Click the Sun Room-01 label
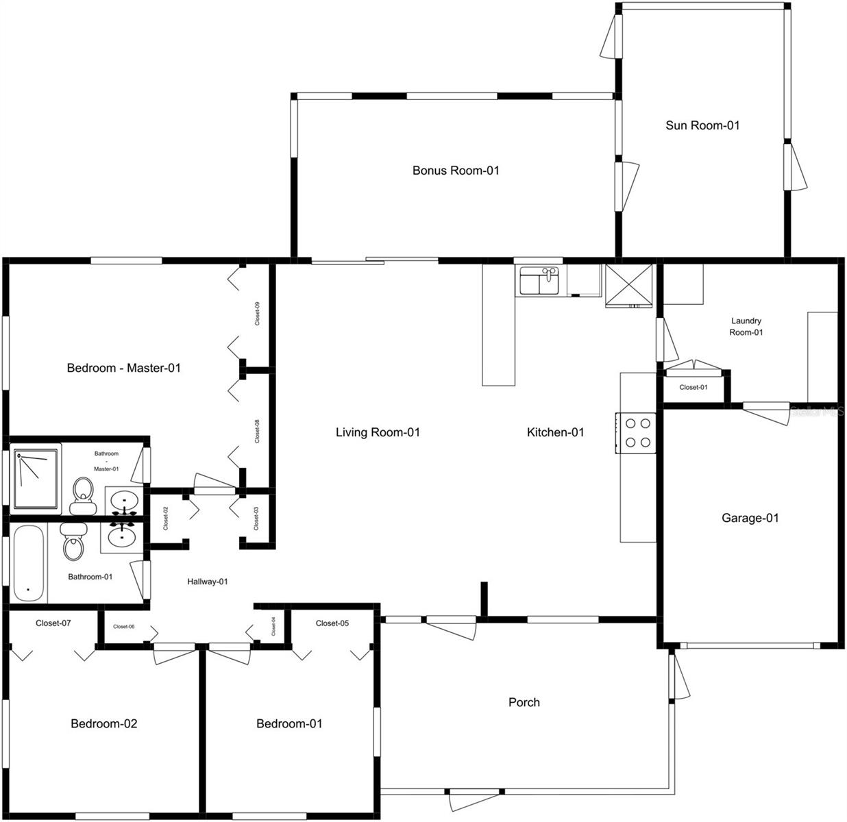click(702, 125)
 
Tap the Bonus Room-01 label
click(456, 170)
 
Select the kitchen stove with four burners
click(637, 433)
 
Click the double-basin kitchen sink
click(539, 281)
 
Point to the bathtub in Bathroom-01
click(28, 564)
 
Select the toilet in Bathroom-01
click(74, 542)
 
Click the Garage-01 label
click(750, 518)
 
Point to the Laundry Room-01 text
click(746, 327)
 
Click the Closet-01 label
click(693, 388)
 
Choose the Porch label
click(524, 702)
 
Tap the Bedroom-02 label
click(104, 723)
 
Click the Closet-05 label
click(332, 623)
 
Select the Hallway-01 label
click(208, 582)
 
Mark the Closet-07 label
click(53, 623)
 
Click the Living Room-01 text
click(378, 432)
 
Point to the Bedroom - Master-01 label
click(124, 368)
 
